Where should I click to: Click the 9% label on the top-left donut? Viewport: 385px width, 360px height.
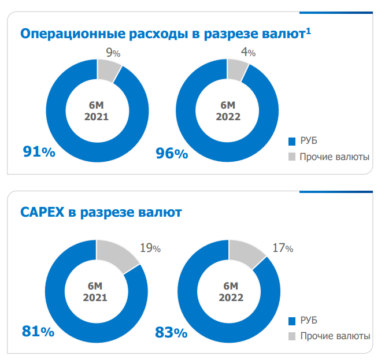click(x=113, y=53)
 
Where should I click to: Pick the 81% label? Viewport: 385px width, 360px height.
click(x=38, y=332)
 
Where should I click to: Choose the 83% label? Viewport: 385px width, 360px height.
click(x=171, y=333)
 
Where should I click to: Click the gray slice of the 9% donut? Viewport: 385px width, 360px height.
click(x=108, y=70)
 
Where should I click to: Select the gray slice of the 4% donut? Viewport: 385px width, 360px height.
click(x=237, y=69)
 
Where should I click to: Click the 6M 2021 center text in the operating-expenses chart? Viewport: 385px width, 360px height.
click(x=95, y=110)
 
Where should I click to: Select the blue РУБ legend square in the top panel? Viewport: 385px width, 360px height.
click(x=292, y=141)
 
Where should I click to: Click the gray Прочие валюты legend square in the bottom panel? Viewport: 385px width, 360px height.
click(x=292, y=336)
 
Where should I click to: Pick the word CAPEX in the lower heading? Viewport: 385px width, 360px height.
click(x=42, y=213)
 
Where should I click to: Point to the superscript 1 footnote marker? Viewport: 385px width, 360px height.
click(x=309, y=29)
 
